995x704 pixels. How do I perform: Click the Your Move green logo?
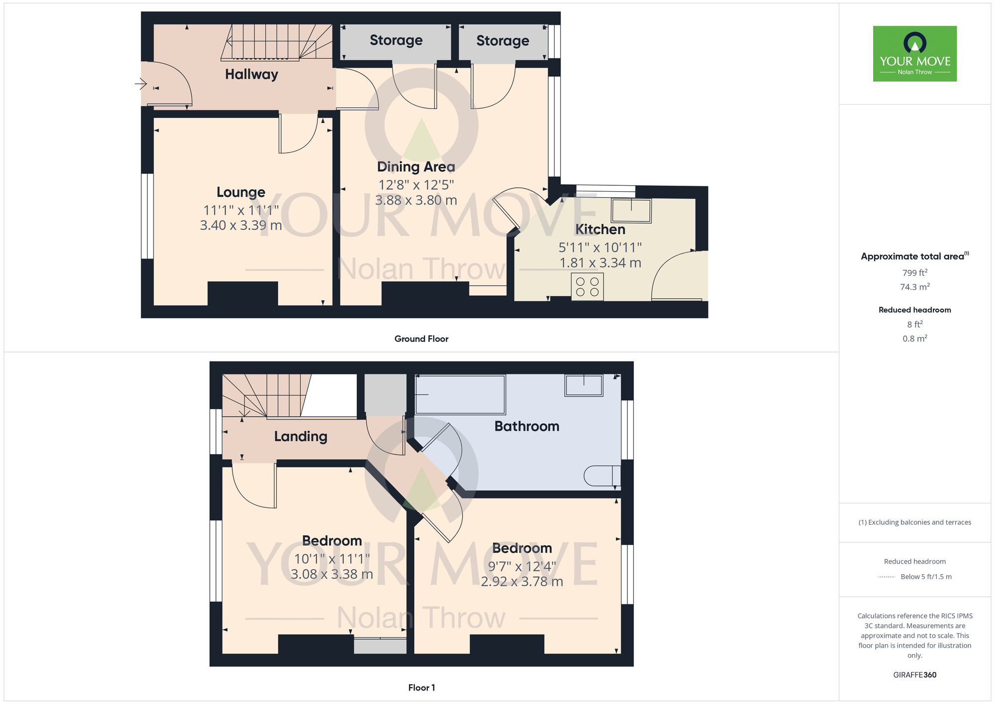coord(914,54)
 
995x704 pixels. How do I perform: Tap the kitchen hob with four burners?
coord(587,287)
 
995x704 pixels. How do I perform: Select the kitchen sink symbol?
coord(631,211)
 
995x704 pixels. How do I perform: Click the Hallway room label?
coord(251,74)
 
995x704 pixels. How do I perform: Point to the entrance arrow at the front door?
coord(141,84)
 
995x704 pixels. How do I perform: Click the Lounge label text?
coord(241,192)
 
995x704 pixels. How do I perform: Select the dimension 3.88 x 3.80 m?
coord(416,200)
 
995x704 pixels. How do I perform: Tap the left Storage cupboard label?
coord(396,40)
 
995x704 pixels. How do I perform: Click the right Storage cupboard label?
coord(502,41)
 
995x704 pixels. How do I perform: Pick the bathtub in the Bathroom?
coord(460,394)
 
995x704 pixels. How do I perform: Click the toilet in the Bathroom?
coord(602,475)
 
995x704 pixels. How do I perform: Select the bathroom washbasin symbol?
coord(584,385)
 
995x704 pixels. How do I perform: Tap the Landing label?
coord(300,437)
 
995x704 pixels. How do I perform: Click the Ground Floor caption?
coord(421,339)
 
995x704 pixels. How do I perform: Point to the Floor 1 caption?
coord(421,688)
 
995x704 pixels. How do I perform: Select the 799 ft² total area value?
coord(914,273)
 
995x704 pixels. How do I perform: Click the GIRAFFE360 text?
coord(914,675)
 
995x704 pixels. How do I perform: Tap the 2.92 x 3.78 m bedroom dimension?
coord(522,582)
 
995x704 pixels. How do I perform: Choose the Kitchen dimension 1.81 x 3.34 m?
coord(600,263)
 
